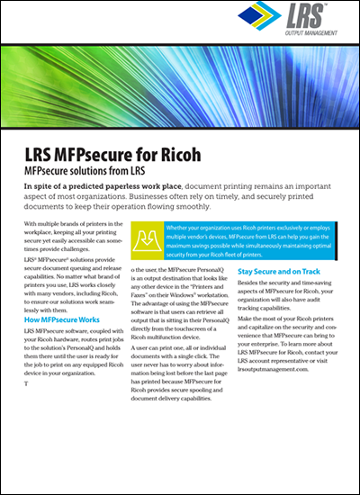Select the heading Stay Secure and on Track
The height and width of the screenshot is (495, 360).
pos(280,270)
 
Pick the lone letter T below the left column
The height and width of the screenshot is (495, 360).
pos(27,384)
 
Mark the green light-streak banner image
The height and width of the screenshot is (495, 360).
pos(180,86)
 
